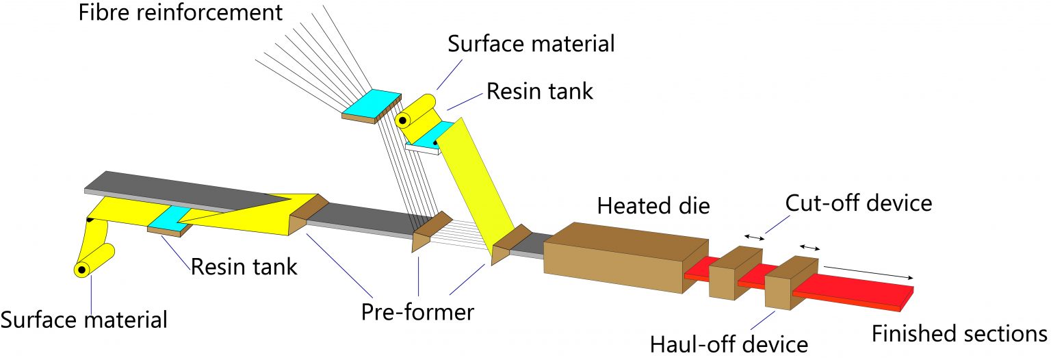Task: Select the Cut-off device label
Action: (x=858, y=203)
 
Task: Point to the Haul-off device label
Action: (x=728, y=342)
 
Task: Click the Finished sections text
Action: (x=959, y=333)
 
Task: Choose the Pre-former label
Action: (x=417, y=312)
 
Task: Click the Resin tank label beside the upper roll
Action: (x=540, y=91)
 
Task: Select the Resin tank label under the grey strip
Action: (x=244, y=266)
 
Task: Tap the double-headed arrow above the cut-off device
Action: (x=755, y=237)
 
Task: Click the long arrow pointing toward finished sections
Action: (x=869, y=272)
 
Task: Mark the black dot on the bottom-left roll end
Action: (x=81, y=270)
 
